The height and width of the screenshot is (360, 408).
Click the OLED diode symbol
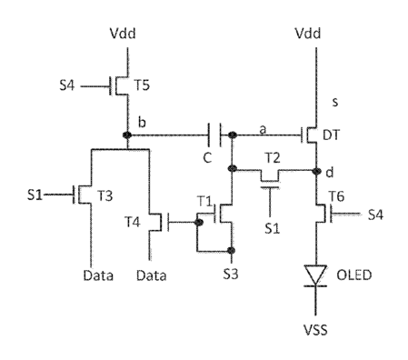[x=315, y=275]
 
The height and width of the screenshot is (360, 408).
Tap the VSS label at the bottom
[x=315, y=330]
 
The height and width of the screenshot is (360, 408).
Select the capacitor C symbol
[x=214, y=135]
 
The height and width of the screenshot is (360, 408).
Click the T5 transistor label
[x=142, y=85]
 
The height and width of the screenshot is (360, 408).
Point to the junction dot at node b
[x=127, y=135]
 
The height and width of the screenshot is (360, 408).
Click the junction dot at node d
[x=316, y=171]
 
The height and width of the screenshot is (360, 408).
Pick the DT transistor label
[x=331, y=135]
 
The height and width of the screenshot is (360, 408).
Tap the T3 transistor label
[x=104, y=196]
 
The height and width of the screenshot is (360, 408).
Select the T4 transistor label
[x=133, y=222]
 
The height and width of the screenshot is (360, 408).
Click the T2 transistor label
[x=273, y=158]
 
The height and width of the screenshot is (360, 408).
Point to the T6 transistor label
[x=336, y=196]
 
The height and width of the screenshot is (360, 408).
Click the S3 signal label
[x=231, y=275]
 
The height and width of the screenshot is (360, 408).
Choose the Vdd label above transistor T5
[x=123, y=33]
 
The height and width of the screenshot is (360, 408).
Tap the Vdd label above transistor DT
[x=308, y=33]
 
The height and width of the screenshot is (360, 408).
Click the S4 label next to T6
[x=375, y=215]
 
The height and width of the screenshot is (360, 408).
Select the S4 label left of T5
[x=66, y=85]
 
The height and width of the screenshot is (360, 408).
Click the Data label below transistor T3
[x=98, y=275]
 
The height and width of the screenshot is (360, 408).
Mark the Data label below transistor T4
[x=151, y=275]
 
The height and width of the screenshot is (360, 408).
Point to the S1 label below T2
[x=272, y=228]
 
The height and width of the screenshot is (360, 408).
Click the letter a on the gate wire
[x=263, y=129]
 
